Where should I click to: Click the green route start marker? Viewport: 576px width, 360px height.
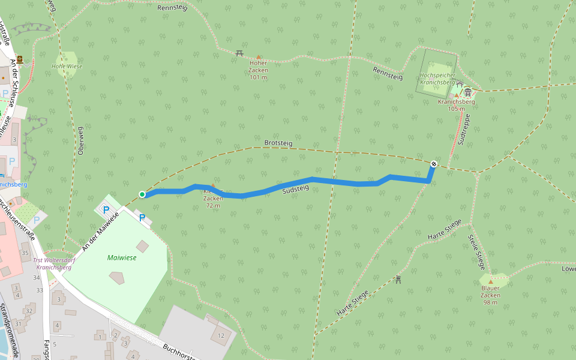[142, 194]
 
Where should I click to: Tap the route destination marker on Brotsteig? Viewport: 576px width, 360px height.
[434, 163]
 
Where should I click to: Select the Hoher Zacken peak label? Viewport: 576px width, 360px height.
[258, 70]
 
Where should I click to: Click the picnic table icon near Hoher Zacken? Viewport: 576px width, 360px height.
[239, 53]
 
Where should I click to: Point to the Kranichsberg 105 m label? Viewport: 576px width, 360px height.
[456, 105]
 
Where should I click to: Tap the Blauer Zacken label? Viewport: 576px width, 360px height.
[490, 295]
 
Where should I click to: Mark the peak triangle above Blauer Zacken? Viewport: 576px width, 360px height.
[490, 281]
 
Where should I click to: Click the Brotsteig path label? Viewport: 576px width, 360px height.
[278, 143]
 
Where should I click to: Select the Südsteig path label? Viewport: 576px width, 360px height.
[295, 189]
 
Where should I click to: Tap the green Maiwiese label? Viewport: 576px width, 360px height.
[122, 257]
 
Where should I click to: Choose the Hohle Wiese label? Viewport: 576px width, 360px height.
[67, 66]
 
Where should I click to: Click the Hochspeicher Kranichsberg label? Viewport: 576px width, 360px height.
[437, 79]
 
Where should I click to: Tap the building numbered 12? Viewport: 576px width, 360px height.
[221, 335]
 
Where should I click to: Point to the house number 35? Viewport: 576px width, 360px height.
[25, 253]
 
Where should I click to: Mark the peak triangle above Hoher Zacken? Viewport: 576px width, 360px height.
[259, 57]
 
